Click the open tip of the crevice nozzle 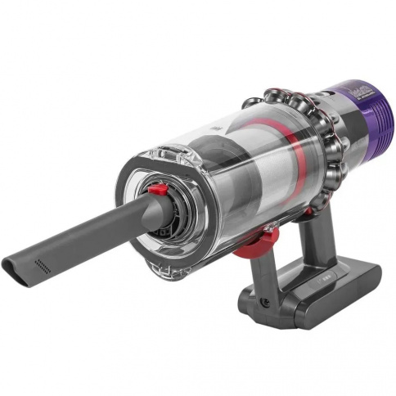point(14,268)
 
